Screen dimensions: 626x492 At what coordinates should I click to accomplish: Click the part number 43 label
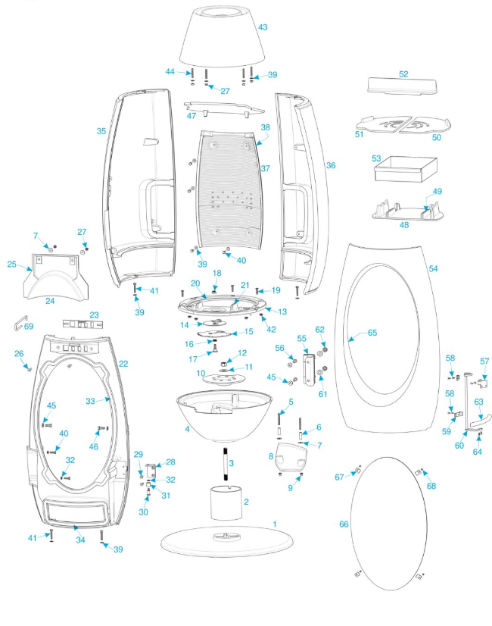coord(263,27)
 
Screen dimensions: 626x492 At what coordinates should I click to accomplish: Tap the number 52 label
coord(403,74)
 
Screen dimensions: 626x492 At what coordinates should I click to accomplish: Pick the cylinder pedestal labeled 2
coord(227,502)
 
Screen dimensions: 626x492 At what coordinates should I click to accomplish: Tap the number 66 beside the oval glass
coord(344,524)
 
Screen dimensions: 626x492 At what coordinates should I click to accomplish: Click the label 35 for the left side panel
coord(101,131)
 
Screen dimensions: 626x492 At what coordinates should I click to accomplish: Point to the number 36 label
coord(330,164)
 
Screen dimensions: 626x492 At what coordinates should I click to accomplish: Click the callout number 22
coord(123,364)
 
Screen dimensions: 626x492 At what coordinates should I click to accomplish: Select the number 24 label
coord(50,300)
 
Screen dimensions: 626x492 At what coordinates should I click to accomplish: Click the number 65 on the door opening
coord(372,333)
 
